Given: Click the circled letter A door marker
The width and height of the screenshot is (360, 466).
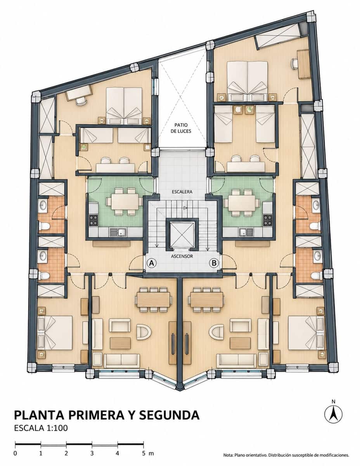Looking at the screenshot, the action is (x=151, y=263).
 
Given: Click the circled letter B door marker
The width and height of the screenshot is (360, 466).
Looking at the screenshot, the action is (x=214, y=263).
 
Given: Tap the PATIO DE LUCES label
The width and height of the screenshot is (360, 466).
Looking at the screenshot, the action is (x=181, y=128).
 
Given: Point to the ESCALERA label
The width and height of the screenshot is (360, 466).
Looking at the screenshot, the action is (x=182, y=192).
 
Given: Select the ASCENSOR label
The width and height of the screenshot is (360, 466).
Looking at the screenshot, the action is (x=182, y=256).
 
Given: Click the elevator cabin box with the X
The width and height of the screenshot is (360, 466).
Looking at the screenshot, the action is (x=182, y=235).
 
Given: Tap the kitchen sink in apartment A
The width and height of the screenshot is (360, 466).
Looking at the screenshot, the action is (x=118, y=232).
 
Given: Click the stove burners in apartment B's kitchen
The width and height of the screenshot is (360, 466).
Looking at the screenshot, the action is (x=268, y=220).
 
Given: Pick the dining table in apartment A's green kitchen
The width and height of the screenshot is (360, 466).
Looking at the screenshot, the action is (x=125, y=202).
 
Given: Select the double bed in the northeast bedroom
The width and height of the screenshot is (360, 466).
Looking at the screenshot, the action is (x=247, y=81).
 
